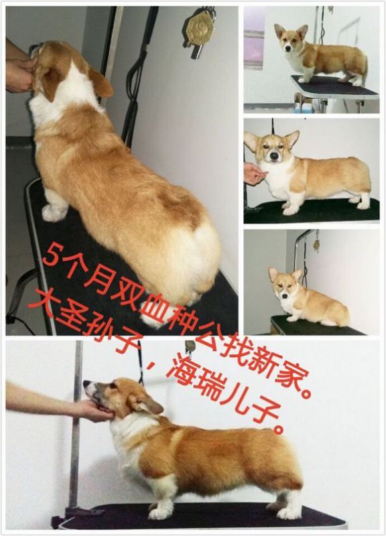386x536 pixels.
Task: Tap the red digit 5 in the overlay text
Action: click(x=56, y=255)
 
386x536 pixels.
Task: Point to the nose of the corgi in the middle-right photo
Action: click(x=273, y=156)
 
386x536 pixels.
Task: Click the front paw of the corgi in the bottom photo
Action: click(x=157, y=513)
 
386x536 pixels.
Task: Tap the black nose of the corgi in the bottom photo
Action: click(x=86, y=383)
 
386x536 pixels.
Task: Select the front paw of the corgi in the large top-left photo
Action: click(x=54, y=212)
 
